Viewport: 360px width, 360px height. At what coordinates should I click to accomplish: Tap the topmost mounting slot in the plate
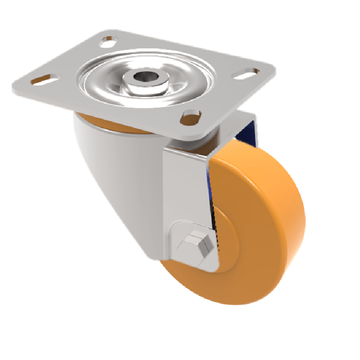click(107, 43)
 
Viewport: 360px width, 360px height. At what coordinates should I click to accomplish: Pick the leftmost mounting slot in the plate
click(44, 81)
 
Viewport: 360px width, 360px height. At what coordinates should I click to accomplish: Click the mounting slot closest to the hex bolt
click(191, 118)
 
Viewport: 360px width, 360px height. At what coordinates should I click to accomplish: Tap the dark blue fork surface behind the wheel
click(250, 130)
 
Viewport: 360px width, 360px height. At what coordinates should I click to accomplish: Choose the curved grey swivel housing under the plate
click(112, 180)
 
